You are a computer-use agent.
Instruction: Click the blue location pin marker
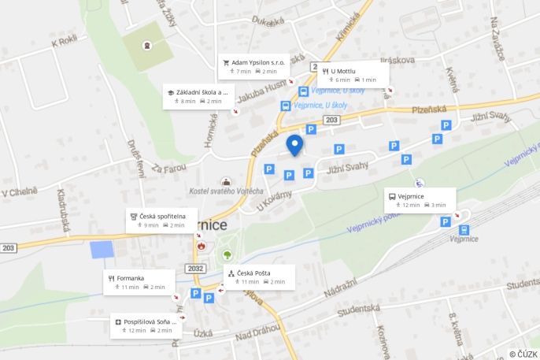tap(294, 145)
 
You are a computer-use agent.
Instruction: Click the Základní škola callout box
tap(197, 96)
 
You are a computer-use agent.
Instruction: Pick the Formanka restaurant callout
tap(137, 282)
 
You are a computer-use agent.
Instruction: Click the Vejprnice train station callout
tap(420, 200)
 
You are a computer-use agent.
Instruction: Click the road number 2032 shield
tap(197, 268)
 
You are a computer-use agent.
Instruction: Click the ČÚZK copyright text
tap(523, 354)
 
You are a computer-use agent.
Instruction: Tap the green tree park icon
tap(227, 254)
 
